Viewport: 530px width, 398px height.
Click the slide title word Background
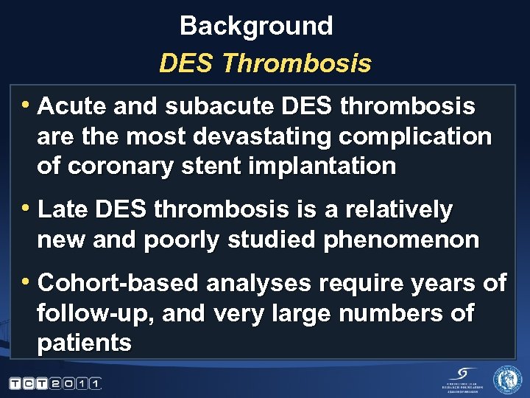256,27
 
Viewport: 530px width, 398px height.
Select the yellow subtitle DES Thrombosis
265,64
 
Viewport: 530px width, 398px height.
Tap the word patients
84,343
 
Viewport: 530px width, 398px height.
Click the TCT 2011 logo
55,383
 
